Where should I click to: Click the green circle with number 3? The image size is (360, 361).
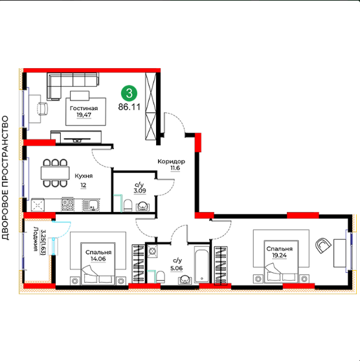coord(129,93)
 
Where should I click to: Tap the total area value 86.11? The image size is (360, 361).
coord(129,107)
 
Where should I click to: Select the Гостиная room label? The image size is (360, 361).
coord(84,108)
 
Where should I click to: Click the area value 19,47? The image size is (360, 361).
coord(84,115)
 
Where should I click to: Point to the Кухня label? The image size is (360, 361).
coord(84,176)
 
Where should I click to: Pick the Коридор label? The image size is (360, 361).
coord(171,161)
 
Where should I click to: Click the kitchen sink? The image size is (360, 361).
coord(91,205)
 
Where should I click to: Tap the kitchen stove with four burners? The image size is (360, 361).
coord(68,204)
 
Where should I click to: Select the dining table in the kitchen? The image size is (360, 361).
coord(55,172)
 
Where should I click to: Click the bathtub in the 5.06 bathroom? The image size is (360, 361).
coord(201,264)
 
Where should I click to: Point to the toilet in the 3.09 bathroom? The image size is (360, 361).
coord(128,205)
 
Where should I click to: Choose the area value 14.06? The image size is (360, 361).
coord(98,259)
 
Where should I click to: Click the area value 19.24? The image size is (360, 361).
coord(279,255)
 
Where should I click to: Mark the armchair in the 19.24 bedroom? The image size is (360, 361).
coord(323,246)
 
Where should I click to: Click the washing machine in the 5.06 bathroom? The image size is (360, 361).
coord(152,251)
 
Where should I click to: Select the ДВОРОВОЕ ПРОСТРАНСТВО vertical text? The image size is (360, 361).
coord(5,178)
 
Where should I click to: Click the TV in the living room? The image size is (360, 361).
coord(77,139)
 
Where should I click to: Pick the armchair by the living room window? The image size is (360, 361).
coord(43,108)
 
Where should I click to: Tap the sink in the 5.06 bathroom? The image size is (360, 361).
coord(185,279)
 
